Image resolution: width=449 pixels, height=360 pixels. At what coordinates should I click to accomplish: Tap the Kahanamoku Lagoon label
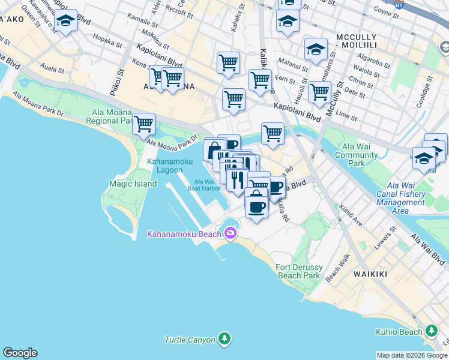[x=165, y=166]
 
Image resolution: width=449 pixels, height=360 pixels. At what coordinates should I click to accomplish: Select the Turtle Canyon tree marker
[x=224, y=340]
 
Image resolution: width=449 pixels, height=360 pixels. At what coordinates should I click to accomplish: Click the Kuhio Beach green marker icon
[x=432, y=331]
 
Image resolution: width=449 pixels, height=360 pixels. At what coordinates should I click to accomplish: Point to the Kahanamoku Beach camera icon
[x=230, y=232]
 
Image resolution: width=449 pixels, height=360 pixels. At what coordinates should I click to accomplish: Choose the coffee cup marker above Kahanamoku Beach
[x=256, y=207]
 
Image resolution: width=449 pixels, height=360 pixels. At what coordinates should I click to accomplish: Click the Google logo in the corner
[x=20, y=353]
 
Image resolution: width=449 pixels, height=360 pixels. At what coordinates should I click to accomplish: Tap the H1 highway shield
[x=399, y=4]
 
